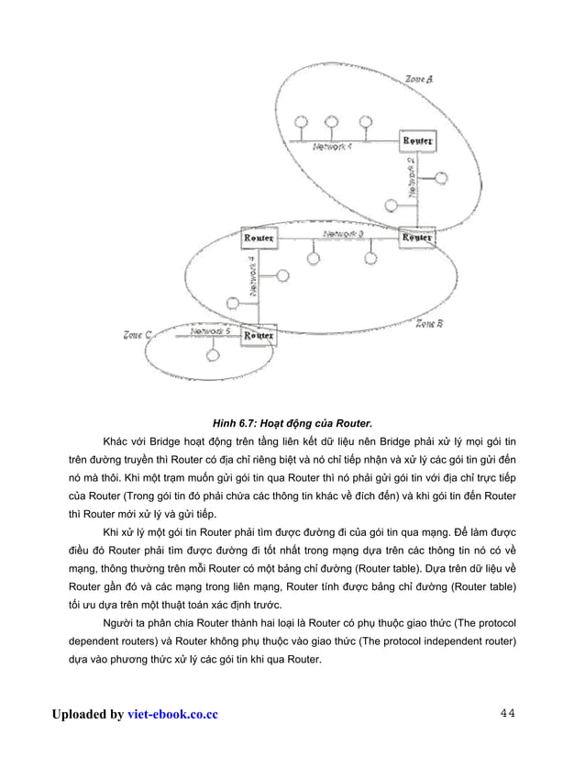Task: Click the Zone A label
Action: coord(419,79)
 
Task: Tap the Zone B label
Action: coord(430,323)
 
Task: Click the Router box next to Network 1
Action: coord(418,142)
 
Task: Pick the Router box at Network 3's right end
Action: coord(418,238)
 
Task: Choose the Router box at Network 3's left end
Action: coord(259,239)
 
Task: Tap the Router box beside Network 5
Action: coord(259,336)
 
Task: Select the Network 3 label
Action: coord(344,235)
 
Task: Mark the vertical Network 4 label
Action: coord(252,276)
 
